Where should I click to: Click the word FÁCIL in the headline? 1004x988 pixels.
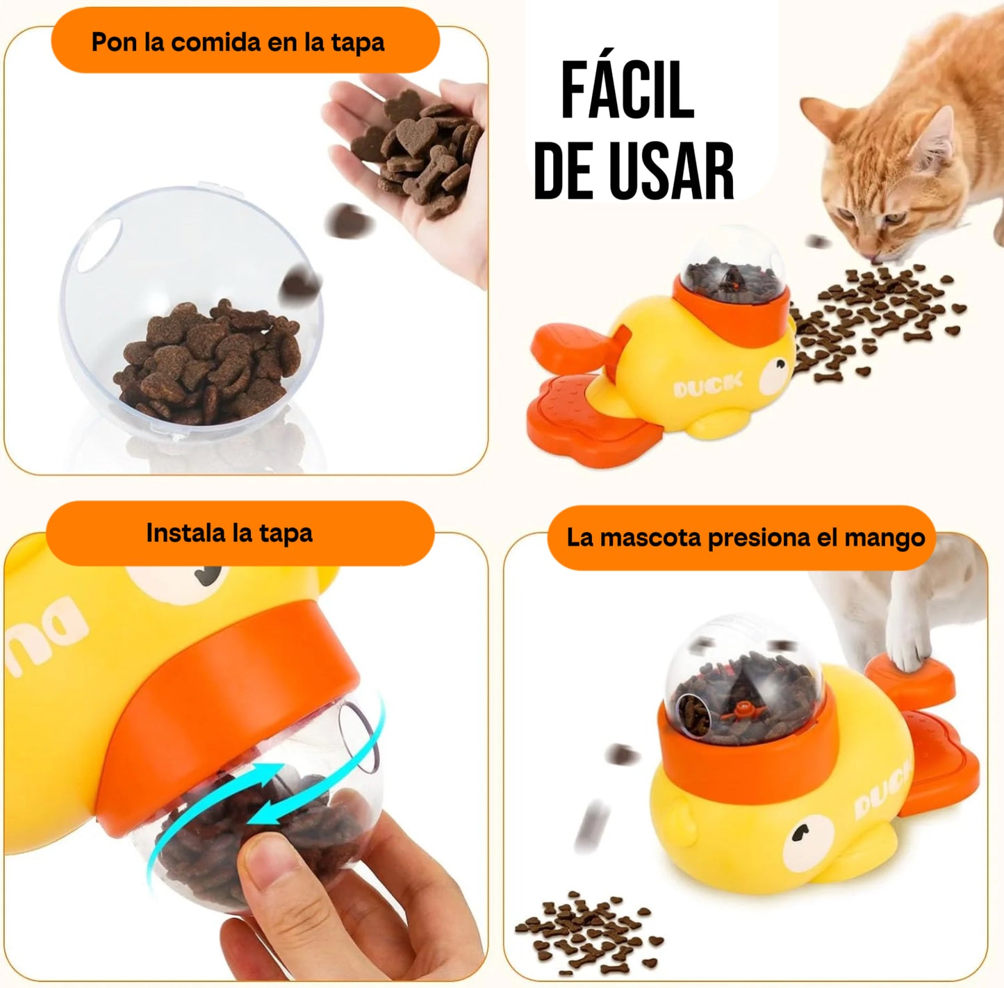pos(627,90)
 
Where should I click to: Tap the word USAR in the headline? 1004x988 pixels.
pos(672,172)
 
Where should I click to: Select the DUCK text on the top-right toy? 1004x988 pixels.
pos(707,385)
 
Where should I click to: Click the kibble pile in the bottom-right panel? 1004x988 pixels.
pos(588,932)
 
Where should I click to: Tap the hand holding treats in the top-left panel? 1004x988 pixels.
pos(417,160)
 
